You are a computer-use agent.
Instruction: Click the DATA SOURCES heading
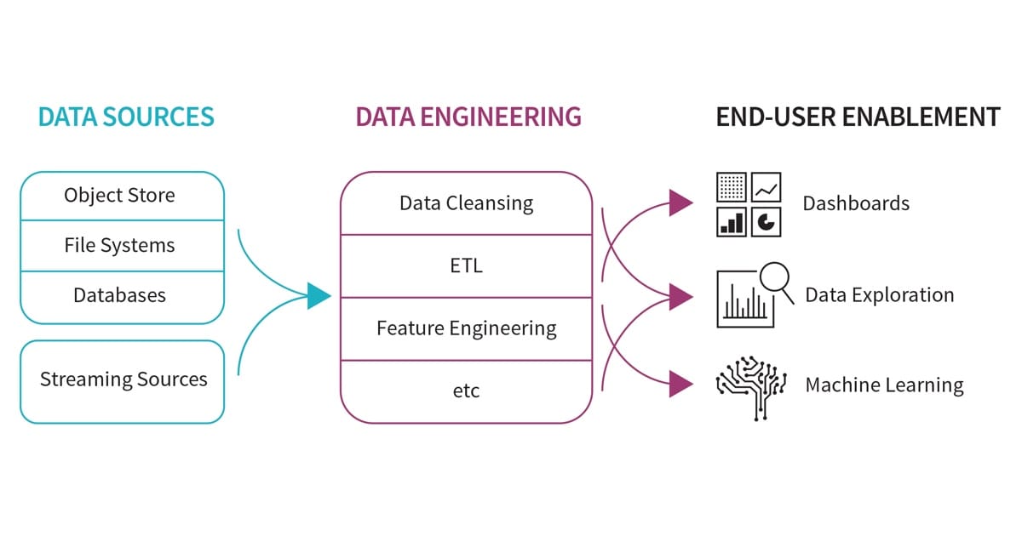125,117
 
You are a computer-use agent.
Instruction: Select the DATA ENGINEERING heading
468,117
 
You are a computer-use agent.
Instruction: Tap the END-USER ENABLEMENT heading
858,117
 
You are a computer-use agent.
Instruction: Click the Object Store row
119,196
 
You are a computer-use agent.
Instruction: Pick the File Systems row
119,246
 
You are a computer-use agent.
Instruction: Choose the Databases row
119,296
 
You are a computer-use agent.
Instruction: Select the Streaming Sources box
123,380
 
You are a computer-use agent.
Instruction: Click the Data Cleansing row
466,204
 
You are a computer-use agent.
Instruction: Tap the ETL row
466,265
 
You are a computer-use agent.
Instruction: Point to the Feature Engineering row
466,328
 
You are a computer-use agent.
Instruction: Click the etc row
466,391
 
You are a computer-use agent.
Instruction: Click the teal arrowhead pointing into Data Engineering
319,295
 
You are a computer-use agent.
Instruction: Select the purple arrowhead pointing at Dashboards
680,202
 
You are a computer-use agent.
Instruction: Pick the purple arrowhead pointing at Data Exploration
680,296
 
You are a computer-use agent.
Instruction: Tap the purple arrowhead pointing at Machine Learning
680,384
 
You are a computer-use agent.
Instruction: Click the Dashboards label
855,204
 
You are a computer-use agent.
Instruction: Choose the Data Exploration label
879,295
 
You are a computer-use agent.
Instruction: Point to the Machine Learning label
884,385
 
